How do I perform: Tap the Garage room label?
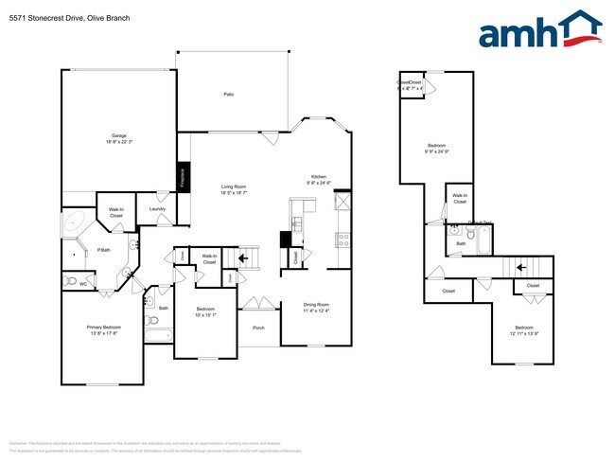[118, 138]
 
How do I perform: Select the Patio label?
[228, 95]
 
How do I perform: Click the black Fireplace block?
[184, 177]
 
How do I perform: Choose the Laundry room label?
[157, 208]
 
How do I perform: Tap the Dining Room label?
[315, 308]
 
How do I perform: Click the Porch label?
[258, 328]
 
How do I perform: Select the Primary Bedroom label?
[104, 329]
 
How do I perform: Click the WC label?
[84, 282]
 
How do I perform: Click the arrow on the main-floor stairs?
[244, 257]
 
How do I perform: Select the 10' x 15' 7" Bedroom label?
[205, 312]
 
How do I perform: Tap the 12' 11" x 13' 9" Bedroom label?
[523, 330]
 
